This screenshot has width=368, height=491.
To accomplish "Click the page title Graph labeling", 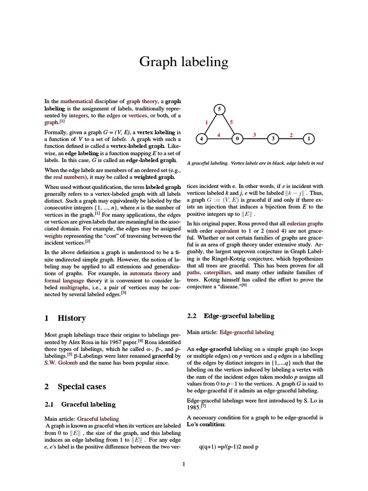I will click(184, 62).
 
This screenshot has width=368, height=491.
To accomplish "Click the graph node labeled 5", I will click(219, 110).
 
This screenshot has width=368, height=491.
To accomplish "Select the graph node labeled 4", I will click(201, 139).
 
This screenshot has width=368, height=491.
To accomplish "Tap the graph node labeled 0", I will click(237, 139).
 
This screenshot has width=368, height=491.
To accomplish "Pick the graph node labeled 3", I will click(273, 139).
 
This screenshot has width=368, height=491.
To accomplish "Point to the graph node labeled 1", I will click(309, 139).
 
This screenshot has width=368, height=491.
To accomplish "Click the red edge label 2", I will click(291, 135).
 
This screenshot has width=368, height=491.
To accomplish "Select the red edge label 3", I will click(255, 135).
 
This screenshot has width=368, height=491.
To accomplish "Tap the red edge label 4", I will click(218, 135).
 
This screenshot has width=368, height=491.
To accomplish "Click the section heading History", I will click(71, 318).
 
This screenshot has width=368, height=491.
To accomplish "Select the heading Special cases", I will click(81, 386).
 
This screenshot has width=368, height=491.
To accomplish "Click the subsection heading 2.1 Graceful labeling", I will click(88, 405).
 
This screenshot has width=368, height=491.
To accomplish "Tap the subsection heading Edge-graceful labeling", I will click(239, 316).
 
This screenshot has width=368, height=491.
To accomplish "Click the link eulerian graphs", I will click(305, 223).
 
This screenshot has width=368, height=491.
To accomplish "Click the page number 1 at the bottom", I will click(184, 464).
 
